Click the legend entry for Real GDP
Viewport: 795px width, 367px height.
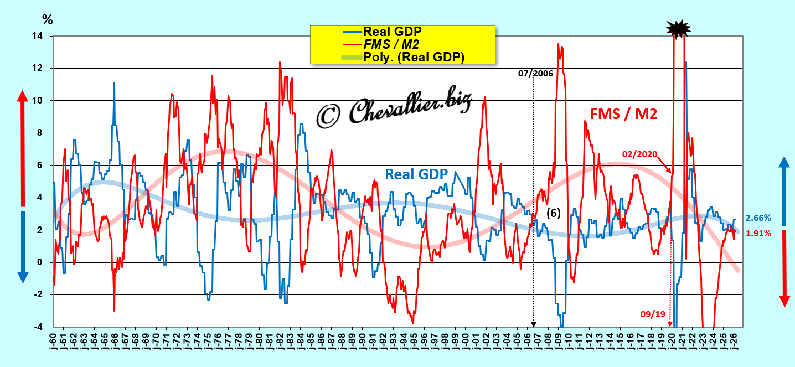pyautogui.click(x=383, y=32)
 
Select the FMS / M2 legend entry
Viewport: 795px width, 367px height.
pyautogui.click(x=381, y=44)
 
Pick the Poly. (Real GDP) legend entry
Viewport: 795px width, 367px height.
pyautogui.click(x=403, y=57)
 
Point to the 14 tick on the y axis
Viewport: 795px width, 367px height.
pyautogui.click(x=37, y=35)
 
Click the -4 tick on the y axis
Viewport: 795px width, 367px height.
pyautogui.click(x=38, y=327)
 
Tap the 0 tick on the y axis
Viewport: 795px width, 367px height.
pyautogui.click(x=40, y=262)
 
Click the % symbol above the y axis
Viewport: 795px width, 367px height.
pyautogui.click(x=48, y=20)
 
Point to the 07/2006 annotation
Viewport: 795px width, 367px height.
pyautogui.click(x=535, y=74)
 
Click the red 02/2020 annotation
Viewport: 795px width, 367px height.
pyautogui.click(x=639, y=154)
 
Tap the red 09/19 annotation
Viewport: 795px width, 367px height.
pyautogui.click(x=653, y=314)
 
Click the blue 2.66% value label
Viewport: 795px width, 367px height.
pyautogui.click(x=758, y=218)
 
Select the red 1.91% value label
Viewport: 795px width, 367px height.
pyautogui.click(x=758, y=234)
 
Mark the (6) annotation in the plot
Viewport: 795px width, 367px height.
pyautogui.click(x=553, y=213)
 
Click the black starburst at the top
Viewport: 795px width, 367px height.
pyautogui.click(x=678, y=29)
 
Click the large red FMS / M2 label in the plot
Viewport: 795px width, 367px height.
pyautogui.click(x=623, y=114)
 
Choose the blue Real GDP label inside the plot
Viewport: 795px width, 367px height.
pyautogui.click(x=416, y=174)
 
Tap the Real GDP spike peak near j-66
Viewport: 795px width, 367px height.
pyautogui.click(x=114, y=82)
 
